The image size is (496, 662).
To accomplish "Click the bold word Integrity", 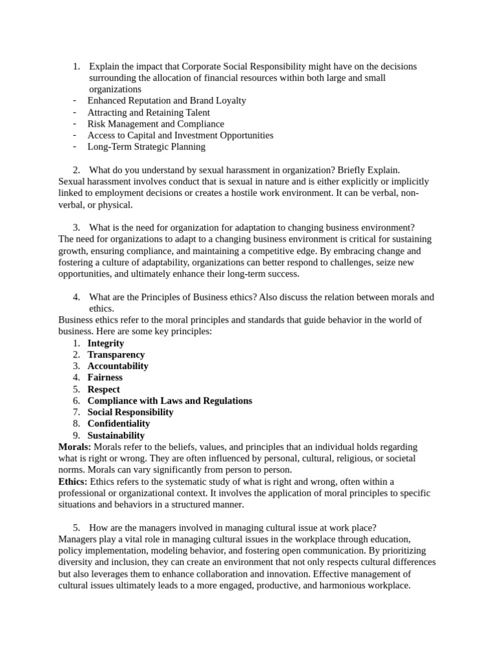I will pos(105,343).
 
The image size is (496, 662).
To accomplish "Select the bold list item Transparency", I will pos(116,355).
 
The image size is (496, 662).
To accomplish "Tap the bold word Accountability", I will pos(118,366).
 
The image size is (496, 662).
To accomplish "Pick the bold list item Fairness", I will pos(105,378).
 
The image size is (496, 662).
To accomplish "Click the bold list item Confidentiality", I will pos(118,423).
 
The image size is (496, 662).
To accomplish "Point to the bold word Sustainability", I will pos(116,435).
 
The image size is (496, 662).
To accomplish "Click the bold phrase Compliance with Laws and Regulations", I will pos(169,401).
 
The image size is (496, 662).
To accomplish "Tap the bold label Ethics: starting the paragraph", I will pos(73,482).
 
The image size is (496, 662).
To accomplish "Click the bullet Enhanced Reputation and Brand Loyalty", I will pos(166,101).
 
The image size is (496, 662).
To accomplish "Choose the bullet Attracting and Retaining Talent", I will pos(148,112).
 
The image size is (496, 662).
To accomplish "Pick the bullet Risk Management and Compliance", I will pos(156,124).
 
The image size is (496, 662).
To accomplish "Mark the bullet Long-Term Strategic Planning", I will pos(146,147).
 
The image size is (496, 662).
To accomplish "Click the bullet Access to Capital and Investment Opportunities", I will pos(180,135).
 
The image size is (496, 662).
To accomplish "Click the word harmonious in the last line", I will pos(331,586).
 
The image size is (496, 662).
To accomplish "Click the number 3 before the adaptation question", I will pos(76,228).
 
